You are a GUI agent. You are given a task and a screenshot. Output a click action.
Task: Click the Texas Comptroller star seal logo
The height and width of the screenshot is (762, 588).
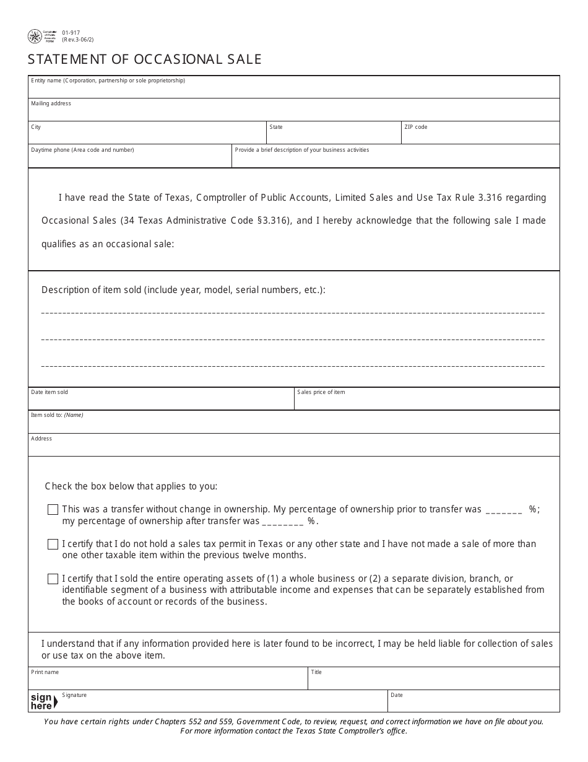[35, 37]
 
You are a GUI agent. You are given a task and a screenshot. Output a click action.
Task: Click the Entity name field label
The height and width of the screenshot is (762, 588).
[108, 81]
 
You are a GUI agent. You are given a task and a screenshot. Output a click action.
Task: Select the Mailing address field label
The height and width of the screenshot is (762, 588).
[51, 103]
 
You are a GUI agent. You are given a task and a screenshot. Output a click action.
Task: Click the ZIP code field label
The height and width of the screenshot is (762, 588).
[415, 127]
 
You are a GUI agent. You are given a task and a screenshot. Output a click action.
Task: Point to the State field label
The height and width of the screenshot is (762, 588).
[276, 127]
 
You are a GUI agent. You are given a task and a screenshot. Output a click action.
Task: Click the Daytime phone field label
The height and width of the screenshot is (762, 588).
[82, 150]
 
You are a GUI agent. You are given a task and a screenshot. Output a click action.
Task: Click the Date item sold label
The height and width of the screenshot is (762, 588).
[50, 392]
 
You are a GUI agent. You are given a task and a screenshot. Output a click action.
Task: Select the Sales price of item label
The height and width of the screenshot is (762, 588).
[321, 392]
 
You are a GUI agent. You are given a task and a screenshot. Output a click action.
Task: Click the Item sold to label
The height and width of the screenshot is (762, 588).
[57, 415]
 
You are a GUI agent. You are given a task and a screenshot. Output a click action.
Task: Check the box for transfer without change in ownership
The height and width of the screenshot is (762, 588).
[53, 510]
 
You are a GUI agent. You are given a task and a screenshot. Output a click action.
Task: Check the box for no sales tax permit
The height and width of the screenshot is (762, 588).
[53, 545]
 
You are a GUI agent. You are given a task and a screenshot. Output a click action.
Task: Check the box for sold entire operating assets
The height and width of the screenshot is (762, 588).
[53, 579]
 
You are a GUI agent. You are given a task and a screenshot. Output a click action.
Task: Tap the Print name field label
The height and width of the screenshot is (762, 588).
[45, 672]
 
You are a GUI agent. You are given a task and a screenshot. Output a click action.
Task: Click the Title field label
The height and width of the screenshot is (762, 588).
[316, 672]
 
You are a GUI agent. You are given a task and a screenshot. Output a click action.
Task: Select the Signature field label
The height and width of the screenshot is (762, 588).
[74, 695]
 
